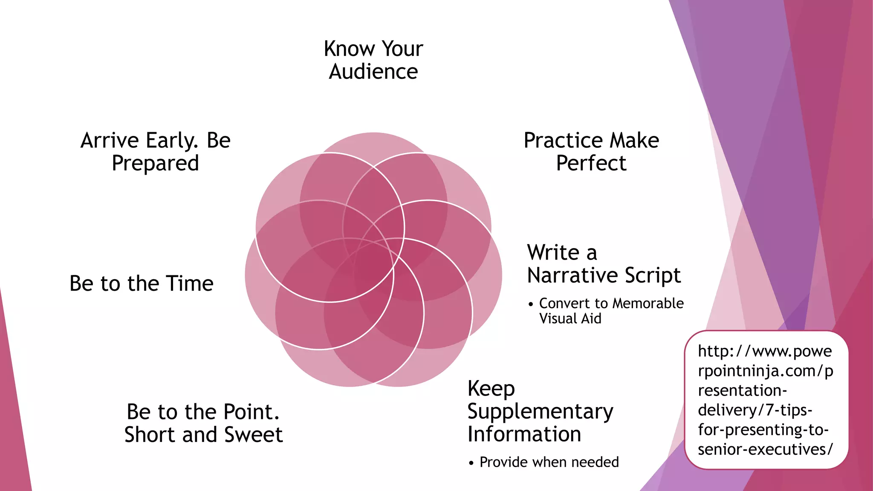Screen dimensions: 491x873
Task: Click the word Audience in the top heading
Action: [x=373, y=72]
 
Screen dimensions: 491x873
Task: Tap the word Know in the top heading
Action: [x=344, y=49]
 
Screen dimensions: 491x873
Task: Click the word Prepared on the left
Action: [x=155, y=163]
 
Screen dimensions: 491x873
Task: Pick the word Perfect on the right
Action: [x=591, y=163]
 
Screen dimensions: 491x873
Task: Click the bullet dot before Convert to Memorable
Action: [x=531, y=304]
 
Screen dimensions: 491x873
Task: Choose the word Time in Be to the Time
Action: [x=190, y=283]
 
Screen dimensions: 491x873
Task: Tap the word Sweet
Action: [x=254, y=435]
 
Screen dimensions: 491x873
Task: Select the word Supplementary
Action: [x=540, y=412]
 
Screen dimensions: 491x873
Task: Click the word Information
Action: [x=524, y=434]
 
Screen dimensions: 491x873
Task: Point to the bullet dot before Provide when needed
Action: [x=471, y=463]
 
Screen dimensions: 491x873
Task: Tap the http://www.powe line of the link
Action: [x=765, y=351]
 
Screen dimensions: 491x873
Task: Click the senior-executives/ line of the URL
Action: [x=765, y=449]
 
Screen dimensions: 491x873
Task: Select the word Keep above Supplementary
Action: [x=491, y=389]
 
